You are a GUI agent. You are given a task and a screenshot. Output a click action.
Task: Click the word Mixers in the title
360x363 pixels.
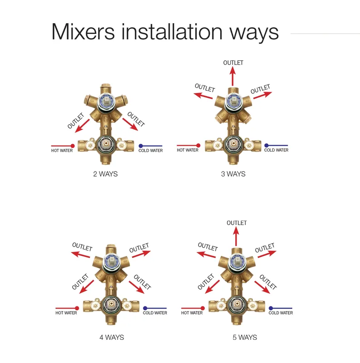point(83,32)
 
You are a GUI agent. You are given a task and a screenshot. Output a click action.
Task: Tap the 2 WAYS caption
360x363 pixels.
point(105,174)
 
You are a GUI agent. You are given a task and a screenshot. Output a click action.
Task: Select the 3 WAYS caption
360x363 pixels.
point(233,174)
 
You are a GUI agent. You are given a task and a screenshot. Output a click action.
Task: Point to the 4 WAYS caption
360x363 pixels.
point(112,337)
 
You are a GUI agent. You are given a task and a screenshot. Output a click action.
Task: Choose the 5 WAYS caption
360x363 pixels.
point(245,337)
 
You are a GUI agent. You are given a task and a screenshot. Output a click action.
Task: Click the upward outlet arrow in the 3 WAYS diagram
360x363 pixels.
point(232,76)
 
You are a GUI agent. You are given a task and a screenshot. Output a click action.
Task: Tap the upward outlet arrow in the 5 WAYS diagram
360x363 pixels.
point(236,236)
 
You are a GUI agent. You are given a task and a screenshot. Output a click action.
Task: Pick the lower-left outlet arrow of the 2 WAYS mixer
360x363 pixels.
point(82,126)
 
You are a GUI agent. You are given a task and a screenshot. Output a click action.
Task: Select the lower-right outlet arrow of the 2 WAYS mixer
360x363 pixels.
point(130,124)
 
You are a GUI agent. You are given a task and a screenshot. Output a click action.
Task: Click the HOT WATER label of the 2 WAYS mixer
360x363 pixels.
point(62,151)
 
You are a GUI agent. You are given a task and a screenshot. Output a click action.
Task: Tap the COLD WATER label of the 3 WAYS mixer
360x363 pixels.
point(276,150)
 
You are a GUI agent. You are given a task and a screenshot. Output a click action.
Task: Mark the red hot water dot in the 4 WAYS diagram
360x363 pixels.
point(77,308)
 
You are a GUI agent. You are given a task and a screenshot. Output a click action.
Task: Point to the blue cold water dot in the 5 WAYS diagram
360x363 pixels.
point(271,308)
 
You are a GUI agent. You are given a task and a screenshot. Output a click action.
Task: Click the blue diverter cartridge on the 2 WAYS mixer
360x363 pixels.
point(106,102)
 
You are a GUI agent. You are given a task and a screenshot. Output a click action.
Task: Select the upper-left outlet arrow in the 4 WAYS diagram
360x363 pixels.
point(80,255)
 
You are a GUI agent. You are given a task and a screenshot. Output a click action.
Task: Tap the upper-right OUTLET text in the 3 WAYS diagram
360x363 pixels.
point(261,89)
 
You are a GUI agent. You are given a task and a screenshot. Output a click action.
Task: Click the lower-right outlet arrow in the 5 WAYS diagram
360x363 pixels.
point(262,287)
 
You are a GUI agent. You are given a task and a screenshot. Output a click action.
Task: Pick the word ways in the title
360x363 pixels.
point(254,34)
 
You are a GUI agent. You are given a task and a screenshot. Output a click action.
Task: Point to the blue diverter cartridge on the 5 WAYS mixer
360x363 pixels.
point(236,263)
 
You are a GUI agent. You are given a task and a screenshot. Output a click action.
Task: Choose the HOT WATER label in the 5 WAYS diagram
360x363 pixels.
point(192,313)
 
